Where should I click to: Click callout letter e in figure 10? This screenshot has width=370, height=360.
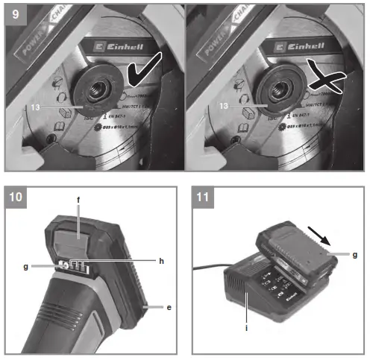point(170,306)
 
